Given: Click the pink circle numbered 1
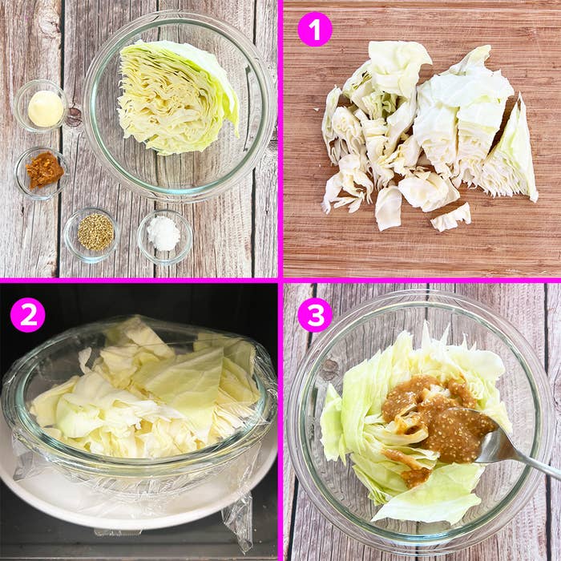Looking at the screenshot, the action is coord(315,29).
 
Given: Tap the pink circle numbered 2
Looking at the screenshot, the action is coord(27,315).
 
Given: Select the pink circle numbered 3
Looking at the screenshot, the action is coord(315,315).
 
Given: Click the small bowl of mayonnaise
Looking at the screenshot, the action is coord(42,107).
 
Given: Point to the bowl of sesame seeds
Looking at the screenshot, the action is coord(91,234).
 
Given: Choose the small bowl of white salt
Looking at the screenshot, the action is coord(165,236).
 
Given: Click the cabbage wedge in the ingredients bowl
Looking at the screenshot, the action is coord(178,97).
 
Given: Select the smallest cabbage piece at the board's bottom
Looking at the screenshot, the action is coord(450,217).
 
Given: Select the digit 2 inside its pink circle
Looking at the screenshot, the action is coord(27,315).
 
